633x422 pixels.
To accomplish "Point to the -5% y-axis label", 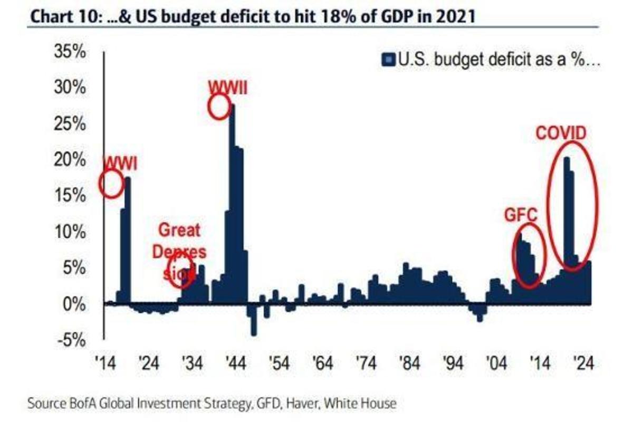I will pos(71,340).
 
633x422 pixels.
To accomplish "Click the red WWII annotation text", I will pos(227,87).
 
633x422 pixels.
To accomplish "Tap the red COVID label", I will pos(561,133).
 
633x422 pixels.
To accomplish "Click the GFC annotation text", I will pos(522,215).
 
